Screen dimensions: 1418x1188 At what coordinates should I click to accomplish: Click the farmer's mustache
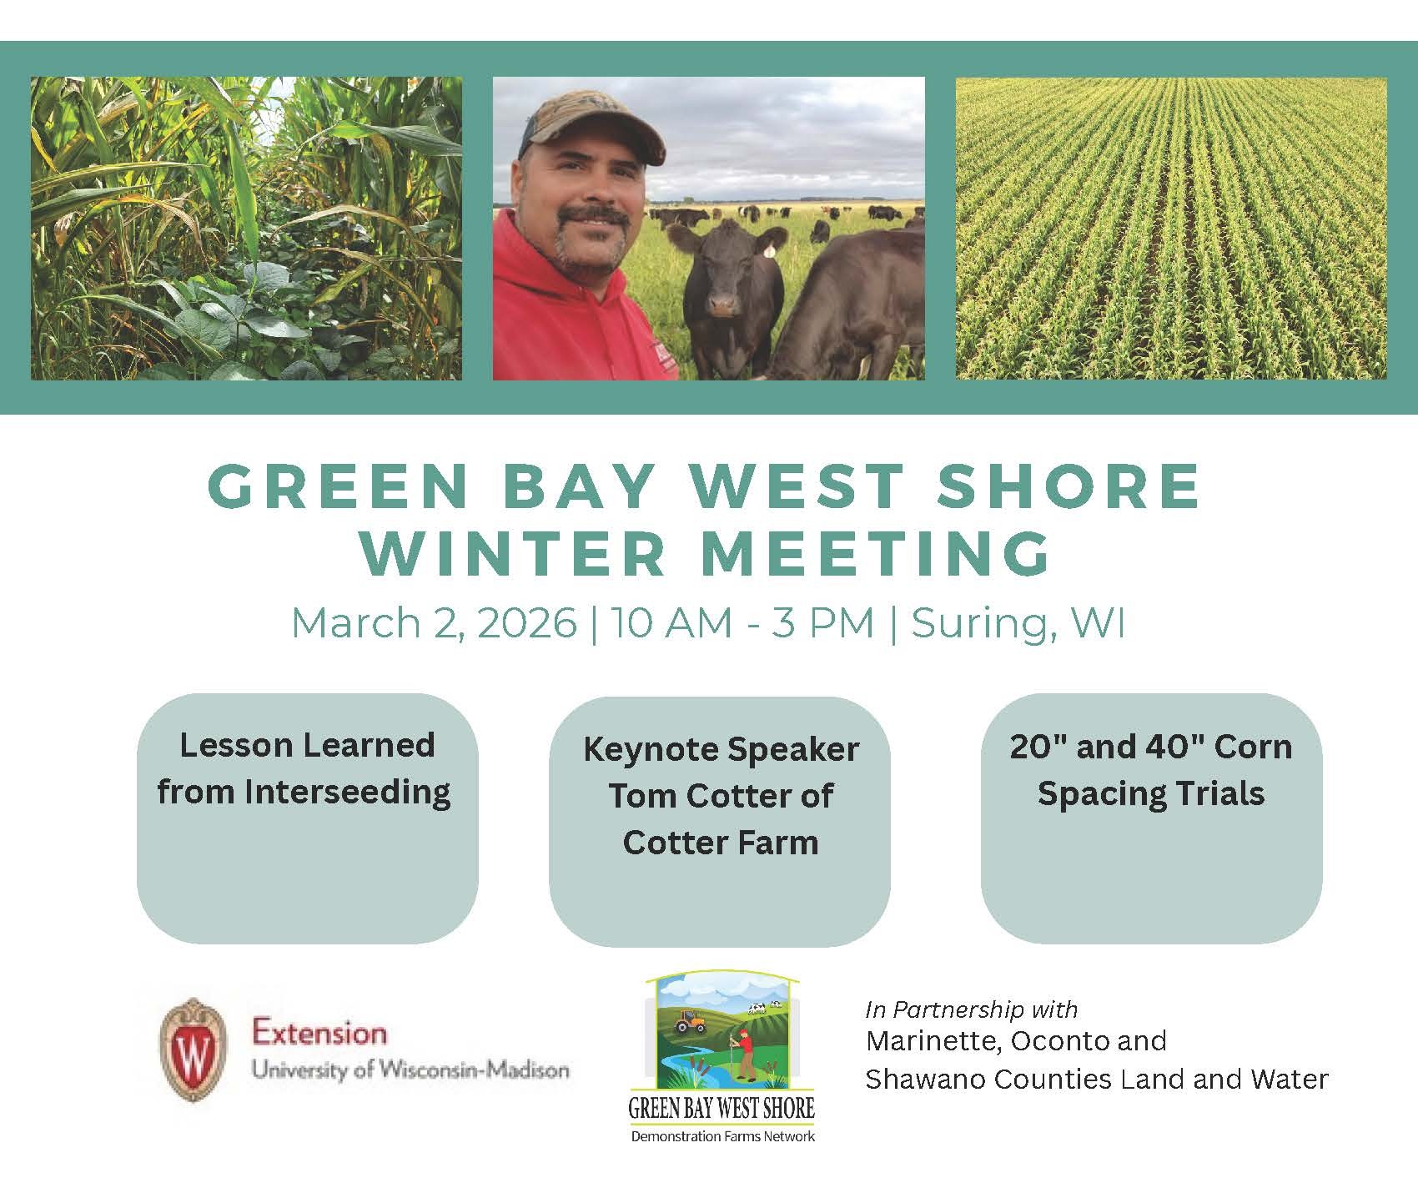tap(594, 219)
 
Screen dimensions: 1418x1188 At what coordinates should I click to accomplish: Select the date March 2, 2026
tap(434, 623)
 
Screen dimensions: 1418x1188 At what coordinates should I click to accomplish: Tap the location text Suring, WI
tap(1018, 623)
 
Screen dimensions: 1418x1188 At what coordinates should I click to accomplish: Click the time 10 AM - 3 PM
tap(742, 622)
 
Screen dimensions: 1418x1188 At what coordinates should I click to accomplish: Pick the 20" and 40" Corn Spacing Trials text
tap(1151, 769)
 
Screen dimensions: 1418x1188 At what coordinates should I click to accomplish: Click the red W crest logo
tap(192, 1050)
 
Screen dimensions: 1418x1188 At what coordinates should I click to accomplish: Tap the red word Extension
tap(319, 1034)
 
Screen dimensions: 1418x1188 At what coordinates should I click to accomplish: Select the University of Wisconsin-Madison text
tap(411, 1070)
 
